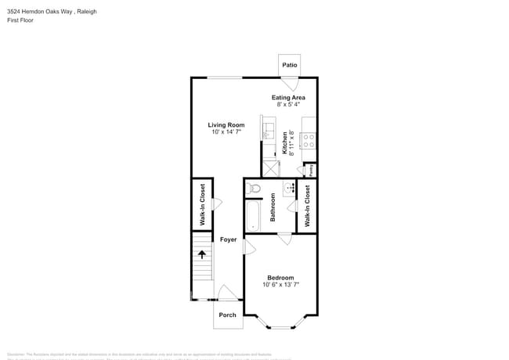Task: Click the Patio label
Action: click(x=289, y=65)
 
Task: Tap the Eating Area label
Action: click(x=288, y=98)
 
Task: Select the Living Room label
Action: click(x=226, y=125)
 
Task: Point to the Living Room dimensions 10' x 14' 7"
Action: click(x=226, y=132)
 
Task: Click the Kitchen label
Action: click(x=285, y=143)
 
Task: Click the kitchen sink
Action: click(x=268, y=131)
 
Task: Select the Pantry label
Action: click(x=310, y=168)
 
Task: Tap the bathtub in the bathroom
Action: click(x=253, y=215)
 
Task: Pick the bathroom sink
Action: click(x=287, y=188)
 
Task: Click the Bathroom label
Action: click(x=273, y=207)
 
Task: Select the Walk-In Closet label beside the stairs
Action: click(x=202, y=204)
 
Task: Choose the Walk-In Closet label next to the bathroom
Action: click(x=307, y=206)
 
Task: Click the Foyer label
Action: click(x=228, y=239)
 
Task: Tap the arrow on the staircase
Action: click(x=202, y=254)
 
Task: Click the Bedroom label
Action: click(x=280, y=278)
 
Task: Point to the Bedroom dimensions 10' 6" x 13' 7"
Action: click(x=280, y=285)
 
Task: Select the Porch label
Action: click(x=227, y=315)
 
